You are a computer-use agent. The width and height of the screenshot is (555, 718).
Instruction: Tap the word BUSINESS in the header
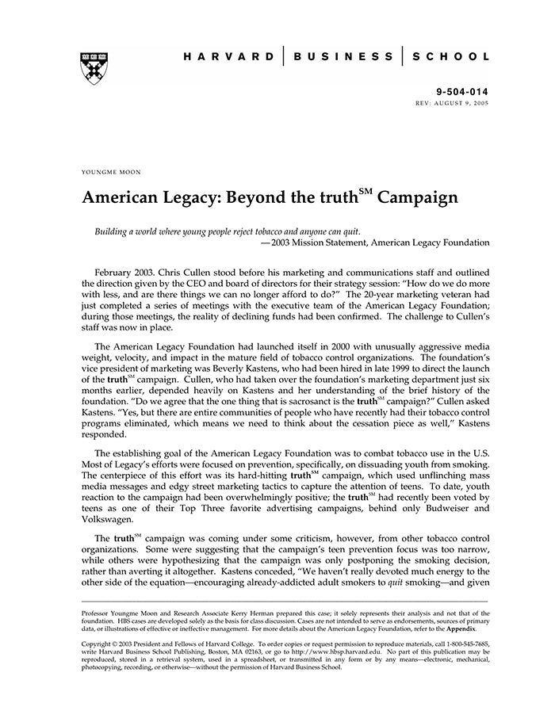pyautogui.click(x=343, y=57)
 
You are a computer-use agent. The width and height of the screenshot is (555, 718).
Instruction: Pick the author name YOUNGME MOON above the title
pyautogui.click(x=110, y=171)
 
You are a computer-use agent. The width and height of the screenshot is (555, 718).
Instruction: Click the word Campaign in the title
pyautogui.click(x=418, y=198)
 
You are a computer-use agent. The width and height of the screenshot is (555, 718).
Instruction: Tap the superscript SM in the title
pyautogui.click(x=365, y=191)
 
